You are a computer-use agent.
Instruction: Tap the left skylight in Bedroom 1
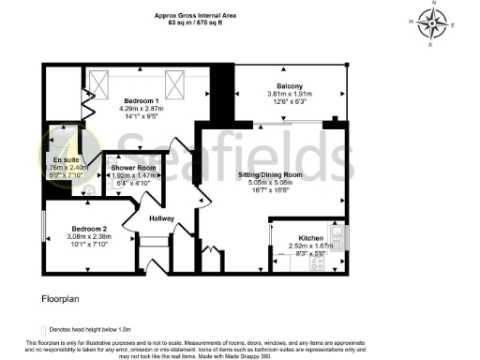[x=110, y=87]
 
